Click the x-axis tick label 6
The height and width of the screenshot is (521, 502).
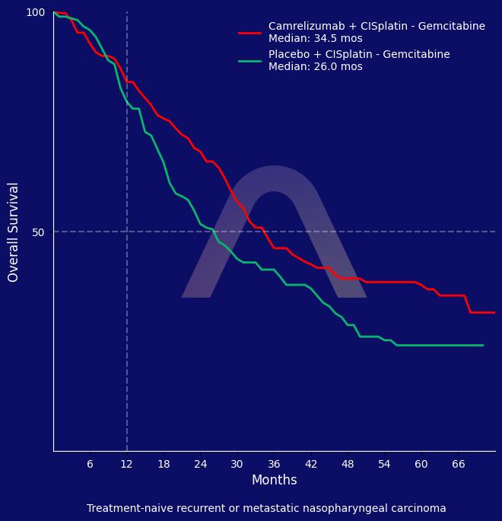click(x=90, y=465)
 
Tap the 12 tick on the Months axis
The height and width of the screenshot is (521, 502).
click(x=127, y=465)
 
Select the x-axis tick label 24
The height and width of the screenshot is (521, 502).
click(x=200, y=465)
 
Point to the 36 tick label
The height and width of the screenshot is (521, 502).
click(x=274, y=465)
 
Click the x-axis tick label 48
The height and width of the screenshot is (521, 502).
click(x=348, y=465)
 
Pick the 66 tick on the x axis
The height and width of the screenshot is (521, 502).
click(x=458, y=465)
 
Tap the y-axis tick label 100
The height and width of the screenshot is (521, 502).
click(x=36, y=12)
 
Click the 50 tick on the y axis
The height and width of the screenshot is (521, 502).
click(x=38, y=232)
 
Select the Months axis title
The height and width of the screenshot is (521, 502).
click(x=274, y=481)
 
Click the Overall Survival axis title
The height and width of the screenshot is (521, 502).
click(x=14, y=232)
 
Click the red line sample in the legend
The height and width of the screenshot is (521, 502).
click(x=249, y=33)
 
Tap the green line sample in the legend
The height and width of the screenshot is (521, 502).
click(x=249, y=61)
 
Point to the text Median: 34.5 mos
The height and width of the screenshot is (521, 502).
click(x=316, y=39)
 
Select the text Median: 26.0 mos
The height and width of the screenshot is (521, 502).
click(x=316, y=67)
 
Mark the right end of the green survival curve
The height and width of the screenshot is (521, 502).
click(x=483, y=346)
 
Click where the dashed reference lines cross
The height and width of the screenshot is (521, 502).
click(x=127, y=232)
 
